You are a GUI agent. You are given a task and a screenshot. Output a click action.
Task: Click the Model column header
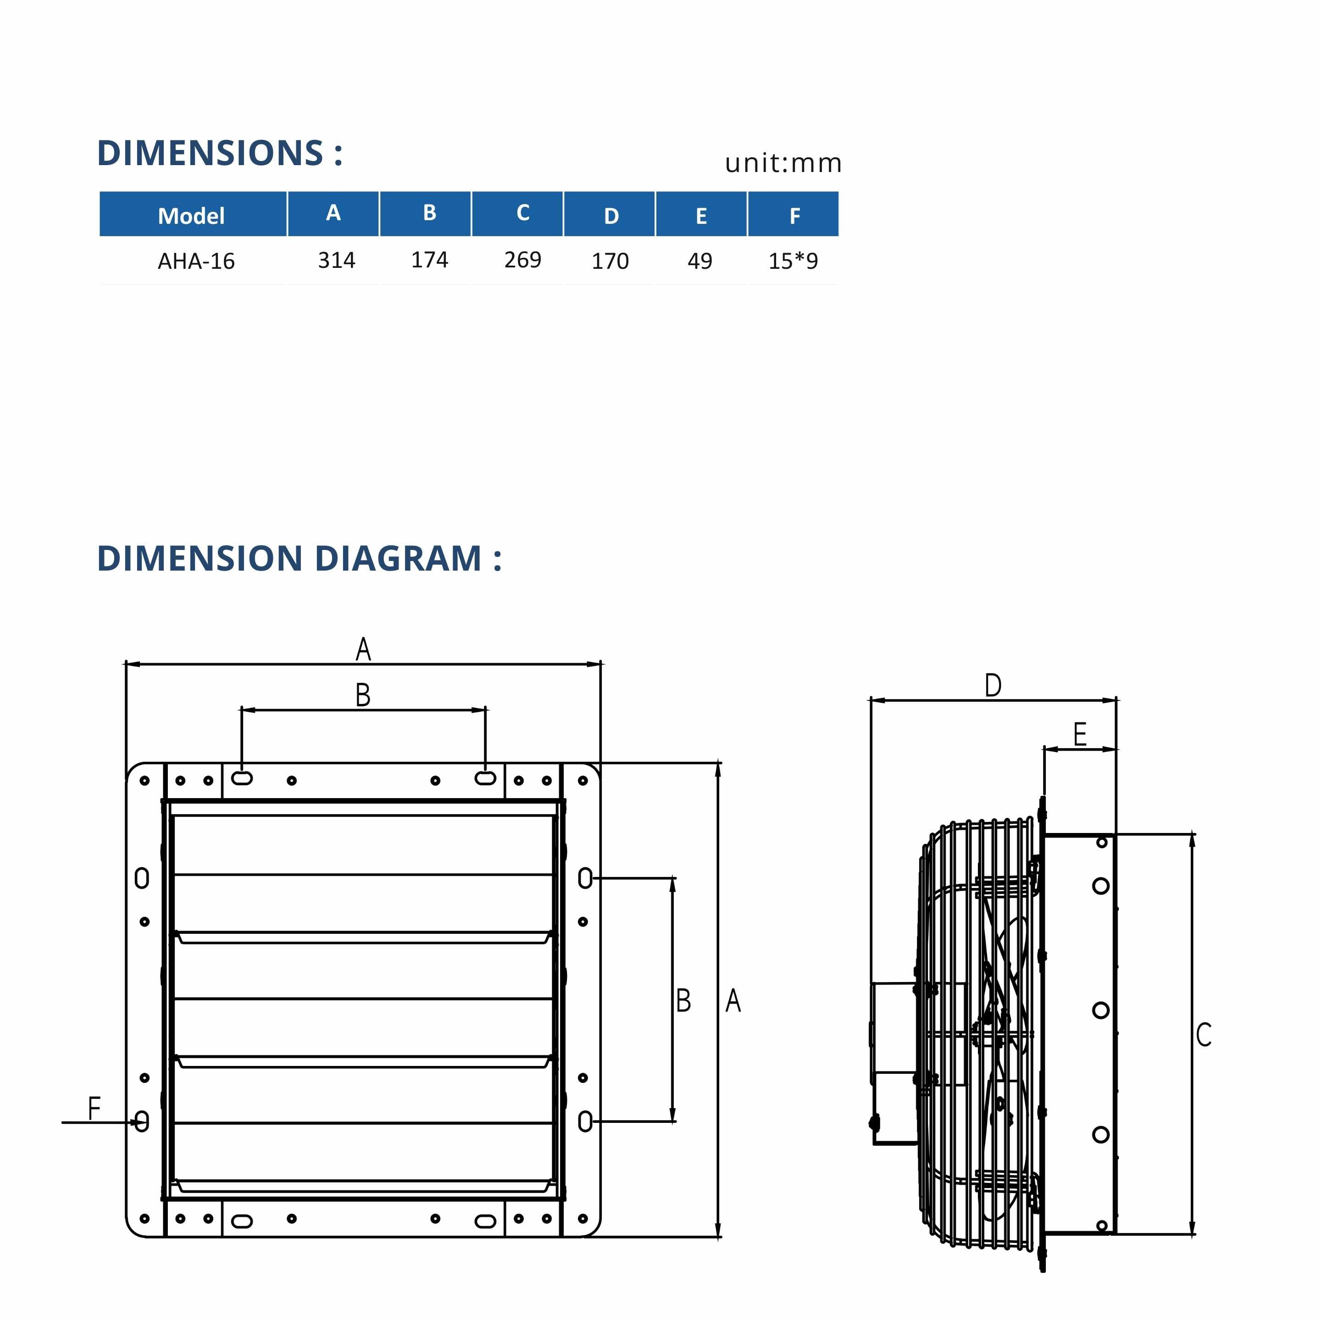click(191, 216)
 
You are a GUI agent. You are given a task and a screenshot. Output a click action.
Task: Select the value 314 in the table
click(336, 260)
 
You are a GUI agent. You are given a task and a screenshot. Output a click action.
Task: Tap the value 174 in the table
click(429, 260)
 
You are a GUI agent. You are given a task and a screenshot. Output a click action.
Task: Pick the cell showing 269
click(522, 260)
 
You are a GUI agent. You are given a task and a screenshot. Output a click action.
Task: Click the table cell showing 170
click(610, 261)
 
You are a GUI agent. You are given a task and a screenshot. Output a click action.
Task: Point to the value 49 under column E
click(699, 261)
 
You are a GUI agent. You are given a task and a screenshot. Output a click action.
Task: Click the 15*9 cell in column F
click(793, 261)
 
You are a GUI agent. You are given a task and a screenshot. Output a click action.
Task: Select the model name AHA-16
click(196, 261)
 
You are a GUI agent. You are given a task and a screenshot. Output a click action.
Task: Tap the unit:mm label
click(783, 163)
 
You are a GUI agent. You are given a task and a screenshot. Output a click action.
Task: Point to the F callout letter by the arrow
click(94, 1108)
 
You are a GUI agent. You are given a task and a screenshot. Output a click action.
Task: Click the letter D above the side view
click(993, 685)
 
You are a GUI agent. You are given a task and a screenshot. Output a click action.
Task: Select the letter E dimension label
click(1080, 735)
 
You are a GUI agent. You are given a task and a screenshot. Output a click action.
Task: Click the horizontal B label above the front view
click(363, 695)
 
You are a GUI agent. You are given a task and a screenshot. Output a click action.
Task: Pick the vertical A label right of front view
click(733, 1000)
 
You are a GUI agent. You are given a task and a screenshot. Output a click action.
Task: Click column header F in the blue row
click(794, 216)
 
